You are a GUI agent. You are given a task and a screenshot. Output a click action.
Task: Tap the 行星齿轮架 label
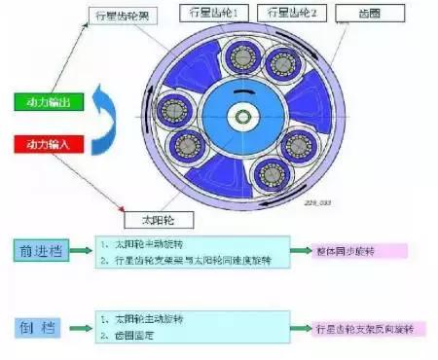pyautogui.click(x=122, y=16)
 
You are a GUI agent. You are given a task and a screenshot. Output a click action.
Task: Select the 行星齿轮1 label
pyautogui.click(x=214, y=14)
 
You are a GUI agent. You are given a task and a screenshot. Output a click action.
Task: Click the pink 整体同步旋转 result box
pyautogui.click(x=366, y=250)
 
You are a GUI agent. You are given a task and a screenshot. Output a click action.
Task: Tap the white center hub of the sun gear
pyautogui.click(x=237, y=118)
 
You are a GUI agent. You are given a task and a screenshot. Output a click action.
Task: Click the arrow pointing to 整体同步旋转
pyautogui.click(x=311, y=251)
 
